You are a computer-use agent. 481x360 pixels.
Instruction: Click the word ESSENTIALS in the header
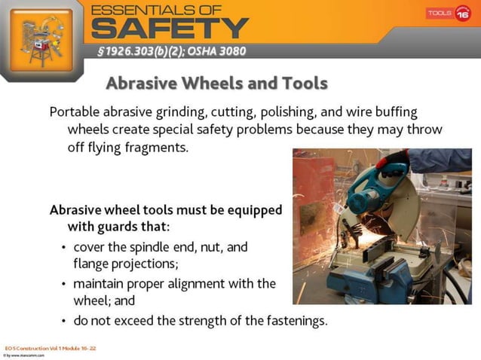pyautogui.click(x=150, y=9)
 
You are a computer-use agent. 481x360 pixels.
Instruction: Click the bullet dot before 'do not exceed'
pyautogui.click(x=64, y=321)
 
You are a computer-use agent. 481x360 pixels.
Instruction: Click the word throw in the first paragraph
pyautogui.click(x=425, y=129)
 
